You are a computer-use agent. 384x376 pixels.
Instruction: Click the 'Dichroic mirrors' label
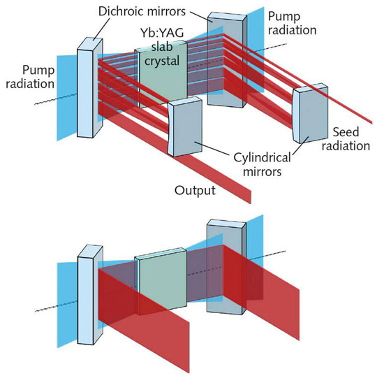tap(142, 11)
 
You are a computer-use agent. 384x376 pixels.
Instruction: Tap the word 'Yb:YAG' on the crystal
tap(162, 33)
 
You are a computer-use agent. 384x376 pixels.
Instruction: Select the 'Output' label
tap(195, 190)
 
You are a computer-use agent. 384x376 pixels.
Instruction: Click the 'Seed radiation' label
tap(346, 139)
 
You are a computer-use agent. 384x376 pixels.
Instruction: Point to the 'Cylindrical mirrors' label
tap(262, 164)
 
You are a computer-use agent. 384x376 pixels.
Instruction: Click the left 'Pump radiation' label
tap(30, 77)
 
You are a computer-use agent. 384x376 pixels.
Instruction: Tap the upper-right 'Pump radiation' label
tap(292, 23)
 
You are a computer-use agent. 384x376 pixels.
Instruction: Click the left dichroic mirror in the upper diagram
tap(90, 88)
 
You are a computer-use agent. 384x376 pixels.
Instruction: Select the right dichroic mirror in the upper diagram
tap(227, 60)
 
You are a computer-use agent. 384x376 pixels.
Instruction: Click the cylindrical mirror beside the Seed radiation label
tap(311, 113)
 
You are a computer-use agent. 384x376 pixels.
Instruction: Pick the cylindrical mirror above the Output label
tap(185, 126)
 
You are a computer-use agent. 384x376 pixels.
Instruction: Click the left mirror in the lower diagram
tap(90, 295)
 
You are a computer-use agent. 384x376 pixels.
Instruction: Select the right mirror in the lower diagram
tap(226, 267)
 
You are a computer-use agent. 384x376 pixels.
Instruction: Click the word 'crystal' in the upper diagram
tap(162, 61)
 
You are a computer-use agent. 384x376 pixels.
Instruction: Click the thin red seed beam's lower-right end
tap(371, 122)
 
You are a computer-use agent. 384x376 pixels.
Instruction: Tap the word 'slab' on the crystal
tap(162, 47)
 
